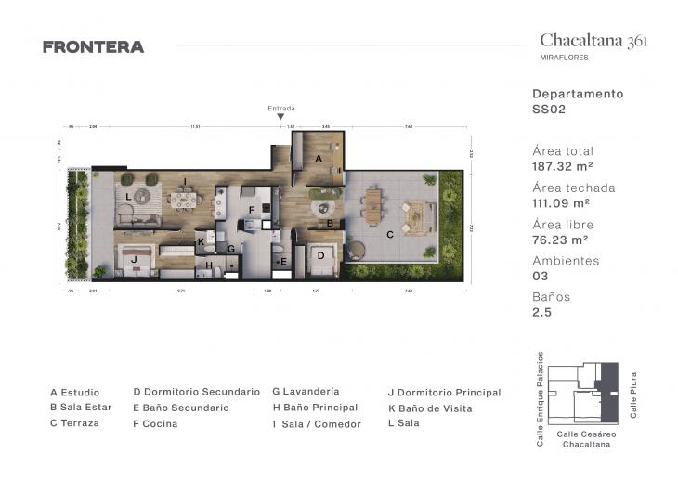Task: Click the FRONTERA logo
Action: pyautogui.click(x=93, y=46)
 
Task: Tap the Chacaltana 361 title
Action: pyautogui.click(x=593, y=40)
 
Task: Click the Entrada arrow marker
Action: pyautogui.click(x=281, y=117)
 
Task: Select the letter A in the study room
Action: pyautogui.click(x=319, y=159)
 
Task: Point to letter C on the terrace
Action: pyautogui.click(x=389, y=234)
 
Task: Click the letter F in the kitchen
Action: pyautogui.click(x=251, y=211)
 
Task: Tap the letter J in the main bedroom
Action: pyautogui.click(x=134, y=259)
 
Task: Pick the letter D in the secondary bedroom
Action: pyautogui.click(x=319, y=255)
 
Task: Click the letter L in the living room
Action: pyautogui.click(x=128, y=196)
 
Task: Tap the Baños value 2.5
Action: pyautogui.click(x=541, y=313)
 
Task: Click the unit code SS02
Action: pyautogui.click(x=548, y=109)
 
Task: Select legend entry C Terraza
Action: pyautogui.click(x=74, y=423)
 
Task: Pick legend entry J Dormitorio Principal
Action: pyautogui.click(x=444, y=393)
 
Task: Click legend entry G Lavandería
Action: pyautogui.click(x=306, y=392)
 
